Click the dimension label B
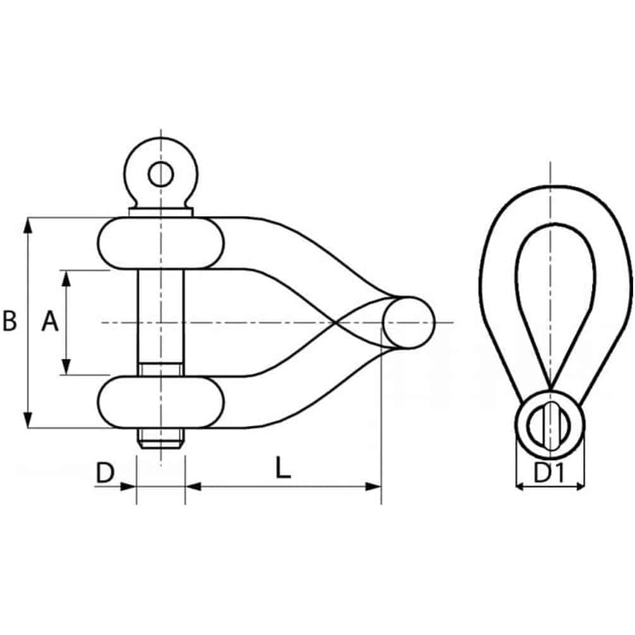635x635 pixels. tap(9, 321)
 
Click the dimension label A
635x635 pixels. tap(50, 321)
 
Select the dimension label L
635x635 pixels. tap(283, 468)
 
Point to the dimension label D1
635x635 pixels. tap(549, 473)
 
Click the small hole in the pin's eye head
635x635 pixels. tap(160, 174)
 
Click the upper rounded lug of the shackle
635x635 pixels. tap(160, 243)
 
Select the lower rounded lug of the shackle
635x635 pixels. tap(160, 402)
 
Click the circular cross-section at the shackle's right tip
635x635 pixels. tap(408, 323)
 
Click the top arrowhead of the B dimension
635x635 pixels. tap(28, 225)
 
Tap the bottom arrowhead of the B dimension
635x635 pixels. tap(28, 420)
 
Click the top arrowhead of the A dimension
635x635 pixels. tap(66, 278)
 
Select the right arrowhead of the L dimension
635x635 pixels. tap(373, 487)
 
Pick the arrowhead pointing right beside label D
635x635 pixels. tap(128, 487)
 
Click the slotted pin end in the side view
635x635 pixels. tap(550, 425)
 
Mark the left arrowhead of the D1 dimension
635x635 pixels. tap(521, 487)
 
